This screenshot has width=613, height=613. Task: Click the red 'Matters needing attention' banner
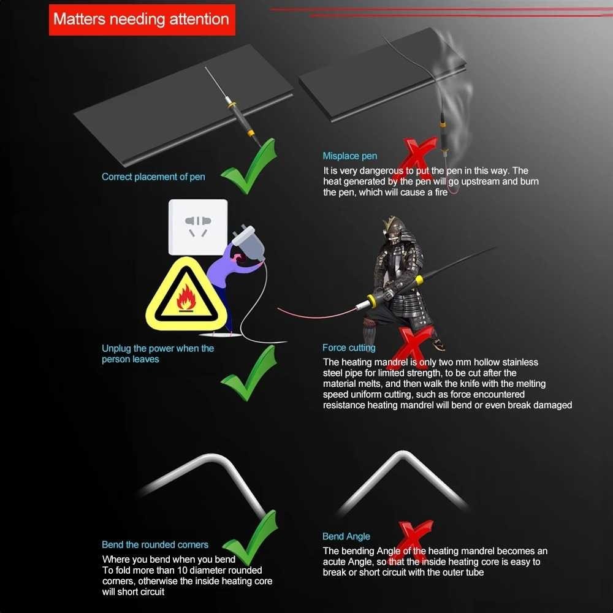click(x=142, y=20)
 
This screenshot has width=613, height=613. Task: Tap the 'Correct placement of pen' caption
click(x=153, y=177)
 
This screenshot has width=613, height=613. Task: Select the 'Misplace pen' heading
click(x=349, y=156)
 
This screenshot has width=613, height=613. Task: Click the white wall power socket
click(x=198, y=227)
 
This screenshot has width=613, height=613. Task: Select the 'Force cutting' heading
click(x=349, y=348)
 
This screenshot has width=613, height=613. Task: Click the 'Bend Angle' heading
click(x=346, y=536)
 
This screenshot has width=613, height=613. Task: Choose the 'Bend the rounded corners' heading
click(x=155, y=544)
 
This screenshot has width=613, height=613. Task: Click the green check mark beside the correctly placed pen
click(x=249, y=167)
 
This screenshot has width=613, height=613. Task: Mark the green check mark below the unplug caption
click(x=249, y=374)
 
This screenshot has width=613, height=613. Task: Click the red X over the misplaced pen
click(x=418, y=156)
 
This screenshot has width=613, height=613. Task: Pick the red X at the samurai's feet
click(x=414, y=347)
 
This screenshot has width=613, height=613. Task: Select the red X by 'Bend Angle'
click(x=414, y=541)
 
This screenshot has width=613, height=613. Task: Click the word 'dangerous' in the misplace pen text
click(x=381, y=170)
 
